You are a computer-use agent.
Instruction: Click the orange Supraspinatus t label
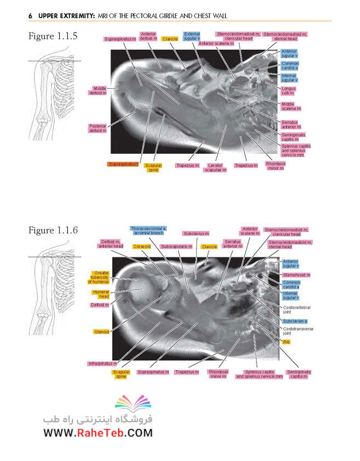click(123, 164)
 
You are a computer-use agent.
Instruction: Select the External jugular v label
click(191, 36)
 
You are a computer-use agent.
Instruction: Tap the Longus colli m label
click(288, 90)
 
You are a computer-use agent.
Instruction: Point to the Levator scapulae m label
click(215, 168)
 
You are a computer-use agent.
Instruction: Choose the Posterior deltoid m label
click(97, 128)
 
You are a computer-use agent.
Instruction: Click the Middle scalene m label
click(291, 106)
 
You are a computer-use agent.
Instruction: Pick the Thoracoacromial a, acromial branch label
click(148, 231)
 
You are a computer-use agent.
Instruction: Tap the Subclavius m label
click(196, 233)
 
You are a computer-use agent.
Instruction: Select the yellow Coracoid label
click(142, 246)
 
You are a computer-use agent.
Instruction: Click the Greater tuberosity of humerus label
click(98, 277)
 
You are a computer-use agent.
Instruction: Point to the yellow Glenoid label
click(101, 332)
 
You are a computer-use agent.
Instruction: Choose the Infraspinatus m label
click(102, 364)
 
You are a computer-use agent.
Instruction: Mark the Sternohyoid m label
click(296, 275)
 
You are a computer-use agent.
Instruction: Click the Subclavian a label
click(295, 321)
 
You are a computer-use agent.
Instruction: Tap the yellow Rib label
click(286, 342)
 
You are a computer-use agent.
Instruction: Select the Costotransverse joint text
click(298, 331)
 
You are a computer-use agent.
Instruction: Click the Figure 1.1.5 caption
click(53, 36)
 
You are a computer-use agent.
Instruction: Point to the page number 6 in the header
click(30, 16)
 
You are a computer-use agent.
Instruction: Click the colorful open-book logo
click(133, 404)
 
